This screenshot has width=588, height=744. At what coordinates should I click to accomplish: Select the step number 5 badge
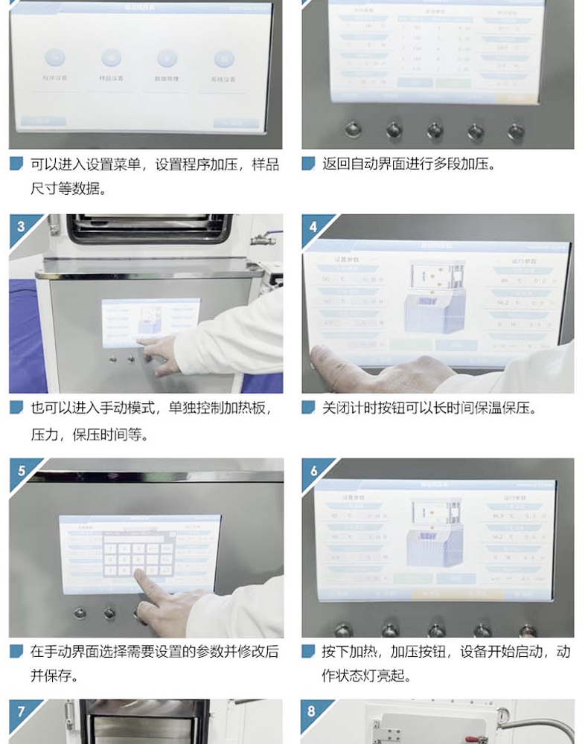[20, 470]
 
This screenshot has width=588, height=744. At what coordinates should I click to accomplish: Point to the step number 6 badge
[313, 470]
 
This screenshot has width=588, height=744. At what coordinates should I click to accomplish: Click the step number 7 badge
[20, 711]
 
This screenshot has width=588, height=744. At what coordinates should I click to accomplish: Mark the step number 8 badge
[313, 711]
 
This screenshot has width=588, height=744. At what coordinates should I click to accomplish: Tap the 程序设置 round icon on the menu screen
[54, 59]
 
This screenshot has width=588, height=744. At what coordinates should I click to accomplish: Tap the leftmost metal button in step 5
[80, 614]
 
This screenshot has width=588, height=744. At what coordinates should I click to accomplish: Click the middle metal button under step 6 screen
[435, 630]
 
